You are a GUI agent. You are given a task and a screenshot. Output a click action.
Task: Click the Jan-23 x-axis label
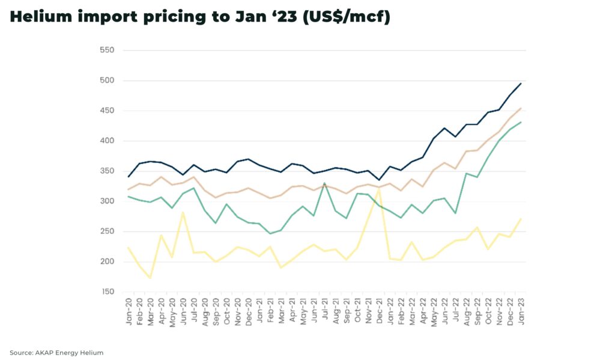[x=520, y=311]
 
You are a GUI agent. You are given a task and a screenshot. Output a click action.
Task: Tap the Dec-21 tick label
[x=379, y=311]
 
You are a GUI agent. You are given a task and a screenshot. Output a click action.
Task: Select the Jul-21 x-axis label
[x=325, y=311]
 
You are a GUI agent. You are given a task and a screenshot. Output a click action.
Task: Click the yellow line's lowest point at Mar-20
[x=151, y=278]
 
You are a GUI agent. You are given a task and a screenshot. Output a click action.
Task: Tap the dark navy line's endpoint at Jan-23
[x=520, y=84]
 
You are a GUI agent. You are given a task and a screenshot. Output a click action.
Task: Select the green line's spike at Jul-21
[x=324, y=183]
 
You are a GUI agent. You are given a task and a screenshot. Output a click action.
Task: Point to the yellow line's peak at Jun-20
[x=183, y=213]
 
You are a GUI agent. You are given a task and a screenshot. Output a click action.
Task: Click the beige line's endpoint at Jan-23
[x=520, y=109]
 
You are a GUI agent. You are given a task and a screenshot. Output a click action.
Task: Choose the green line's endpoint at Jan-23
[x=520, y=122]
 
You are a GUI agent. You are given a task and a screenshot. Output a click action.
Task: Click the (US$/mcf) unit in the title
[x=347, y=17]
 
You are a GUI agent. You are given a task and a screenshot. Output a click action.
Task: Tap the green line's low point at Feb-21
[x=270, y=233]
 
